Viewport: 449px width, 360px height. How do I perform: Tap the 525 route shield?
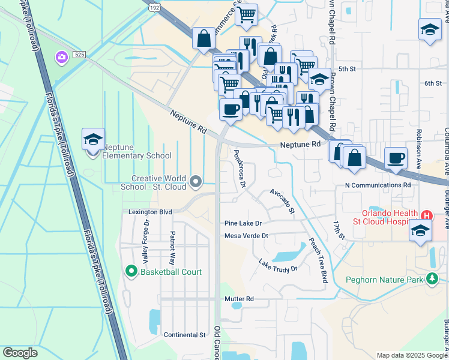[x=79, y=54]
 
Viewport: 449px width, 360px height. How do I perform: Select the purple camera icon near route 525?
[x=61, y=58]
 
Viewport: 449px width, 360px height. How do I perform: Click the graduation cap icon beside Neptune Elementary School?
[x=93, y=140]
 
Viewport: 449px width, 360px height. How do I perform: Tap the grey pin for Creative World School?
[x=195, y=181]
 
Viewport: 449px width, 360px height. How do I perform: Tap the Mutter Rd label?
[x=239, y=299]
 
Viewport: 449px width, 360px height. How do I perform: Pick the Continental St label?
[x=185, y=334]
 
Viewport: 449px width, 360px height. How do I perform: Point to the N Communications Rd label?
[x=378, y=185]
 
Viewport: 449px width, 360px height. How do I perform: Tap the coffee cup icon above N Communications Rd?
[x=395, y=158]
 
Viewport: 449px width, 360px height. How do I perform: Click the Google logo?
[x=20, y=353]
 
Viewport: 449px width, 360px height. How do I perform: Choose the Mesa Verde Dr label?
[x=246, y=236]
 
